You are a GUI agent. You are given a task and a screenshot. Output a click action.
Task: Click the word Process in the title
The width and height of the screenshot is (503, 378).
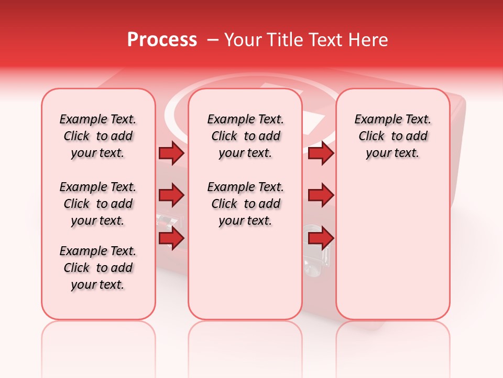click(x=162, y=40)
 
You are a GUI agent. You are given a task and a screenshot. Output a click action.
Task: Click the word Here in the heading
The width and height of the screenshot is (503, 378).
click(x=368, y=40)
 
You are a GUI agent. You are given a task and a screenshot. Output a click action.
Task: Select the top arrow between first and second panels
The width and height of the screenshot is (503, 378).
click(x=171, y=153)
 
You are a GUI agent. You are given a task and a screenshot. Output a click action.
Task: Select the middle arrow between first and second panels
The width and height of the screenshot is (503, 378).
click(x=171, y=196)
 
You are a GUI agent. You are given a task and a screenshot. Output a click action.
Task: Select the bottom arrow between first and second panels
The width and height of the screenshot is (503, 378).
click(x=171, y=238)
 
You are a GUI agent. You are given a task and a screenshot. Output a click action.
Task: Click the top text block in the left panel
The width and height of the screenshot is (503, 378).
click(x=98, y=136)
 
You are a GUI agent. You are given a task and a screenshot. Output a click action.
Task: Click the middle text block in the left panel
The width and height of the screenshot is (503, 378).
click(x=98, y=204)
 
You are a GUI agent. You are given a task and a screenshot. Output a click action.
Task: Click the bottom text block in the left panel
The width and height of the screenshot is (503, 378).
click(x=98, y=268)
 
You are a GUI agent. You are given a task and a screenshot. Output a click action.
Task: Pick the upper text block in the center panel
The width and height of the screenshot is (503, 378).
click(x=245, y=136)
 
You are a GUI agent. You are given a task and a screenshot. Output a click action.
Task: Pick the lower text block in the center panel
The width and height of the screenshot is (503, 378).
click(x=245, y=204)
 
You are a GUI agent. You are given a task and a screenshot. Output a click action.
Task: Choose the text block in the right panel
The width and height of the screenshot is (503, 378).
click(x=393, y=136)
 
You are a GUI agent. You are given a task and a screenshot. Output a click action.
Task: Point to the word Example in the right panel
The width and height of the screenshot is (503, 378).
click(x=375, y=120)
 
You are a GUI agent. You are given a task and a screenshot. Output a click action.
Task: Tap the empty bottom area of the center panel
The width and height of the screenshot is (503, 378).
click(x=245, y=278)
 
